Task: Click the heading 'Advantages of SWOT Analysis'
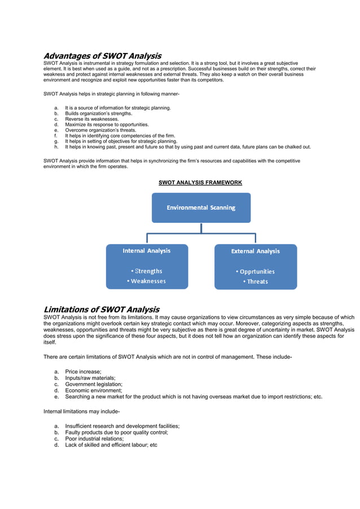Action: (x=102, y=56)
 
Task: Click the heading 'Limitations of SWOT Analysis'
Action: (x=101, y=309)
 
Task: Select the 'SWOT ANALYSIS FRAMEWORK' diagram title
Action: (x=200, y=182)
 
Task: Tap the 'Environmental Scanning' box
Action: (x=201, y=208)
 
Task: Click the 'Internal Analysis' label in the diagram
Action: (x=147, y=251)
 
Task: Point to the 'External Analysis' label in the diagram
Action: (x=255, y=251)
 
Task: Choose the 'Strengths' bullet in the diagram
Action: (x=146, y=271)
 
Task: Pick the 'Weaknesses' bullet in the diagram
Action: (x=146, y=281)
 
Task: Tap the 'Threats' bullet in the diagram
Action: (x=256, y=282)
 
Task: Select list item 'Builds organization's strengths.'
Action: (x=98, y=113)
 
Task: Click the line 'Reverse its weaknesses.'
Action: (x=92, y=119)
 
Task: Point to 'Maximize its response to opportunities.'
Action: (x=107, y=125)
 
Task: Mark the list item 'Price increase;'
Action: (x=83, y=372)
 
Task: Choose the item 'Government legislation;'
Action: (x=94, y=384)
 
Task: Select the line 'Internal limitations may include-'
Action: (x=81, y=411)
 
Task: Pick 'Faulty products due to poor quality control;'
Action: (x=116, y=432)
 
